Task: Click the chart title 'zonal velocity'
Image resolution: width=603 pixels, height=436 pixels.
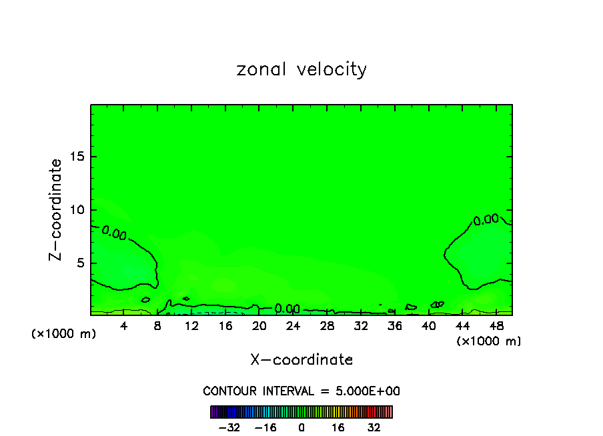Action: point(301,69)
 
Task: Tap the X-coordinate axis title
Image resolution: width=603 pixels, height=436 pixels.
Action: point(301,360)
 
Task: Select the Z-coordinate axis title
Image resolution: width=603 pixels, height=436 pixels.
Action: point(56,209)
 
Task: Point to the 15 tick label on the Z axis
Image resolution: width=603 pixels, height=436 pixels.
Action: point(77,157)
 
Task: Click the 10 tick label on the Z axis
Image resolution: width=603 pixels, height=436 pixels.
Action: point(77,210)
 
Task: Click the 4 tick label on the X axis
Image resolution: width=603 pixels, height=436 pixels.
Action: point(124,326)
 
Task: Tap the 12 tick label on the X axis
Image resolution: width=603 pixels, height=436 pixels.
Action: point(191,326)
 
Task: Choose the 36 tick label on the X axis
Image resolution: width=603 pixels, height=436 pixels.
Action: point(394,326)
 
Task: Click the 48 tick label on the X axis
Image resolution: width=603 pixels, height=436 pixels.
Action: point(496,326)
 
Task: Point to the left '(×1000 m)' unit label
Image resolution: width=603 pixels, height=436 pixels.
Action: point(64,334)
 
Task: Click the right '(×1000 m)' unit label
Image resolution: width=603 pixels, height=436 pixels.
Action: point(489,341)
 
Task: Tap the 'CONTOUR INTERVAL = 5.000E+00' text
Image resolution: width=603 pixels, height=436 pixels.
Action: point(301,391)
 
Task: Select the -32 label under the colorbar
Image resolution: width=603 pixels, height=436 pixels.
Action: point(229,427)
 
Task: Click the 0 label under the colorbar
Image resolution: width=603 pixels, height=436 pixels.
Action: point(301,427)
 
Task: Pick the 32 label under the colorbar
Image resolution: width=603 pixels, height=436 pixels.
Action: point(374,427)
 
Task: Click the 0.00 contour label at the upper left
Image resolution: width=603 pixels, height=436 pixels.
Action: point(114,233)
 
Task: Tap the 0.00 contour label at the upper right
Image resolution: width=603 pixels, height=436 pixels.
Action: point(486,219)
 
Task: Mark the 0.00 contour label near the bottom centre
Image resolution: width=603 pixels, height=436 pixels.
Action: point(287,309)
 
